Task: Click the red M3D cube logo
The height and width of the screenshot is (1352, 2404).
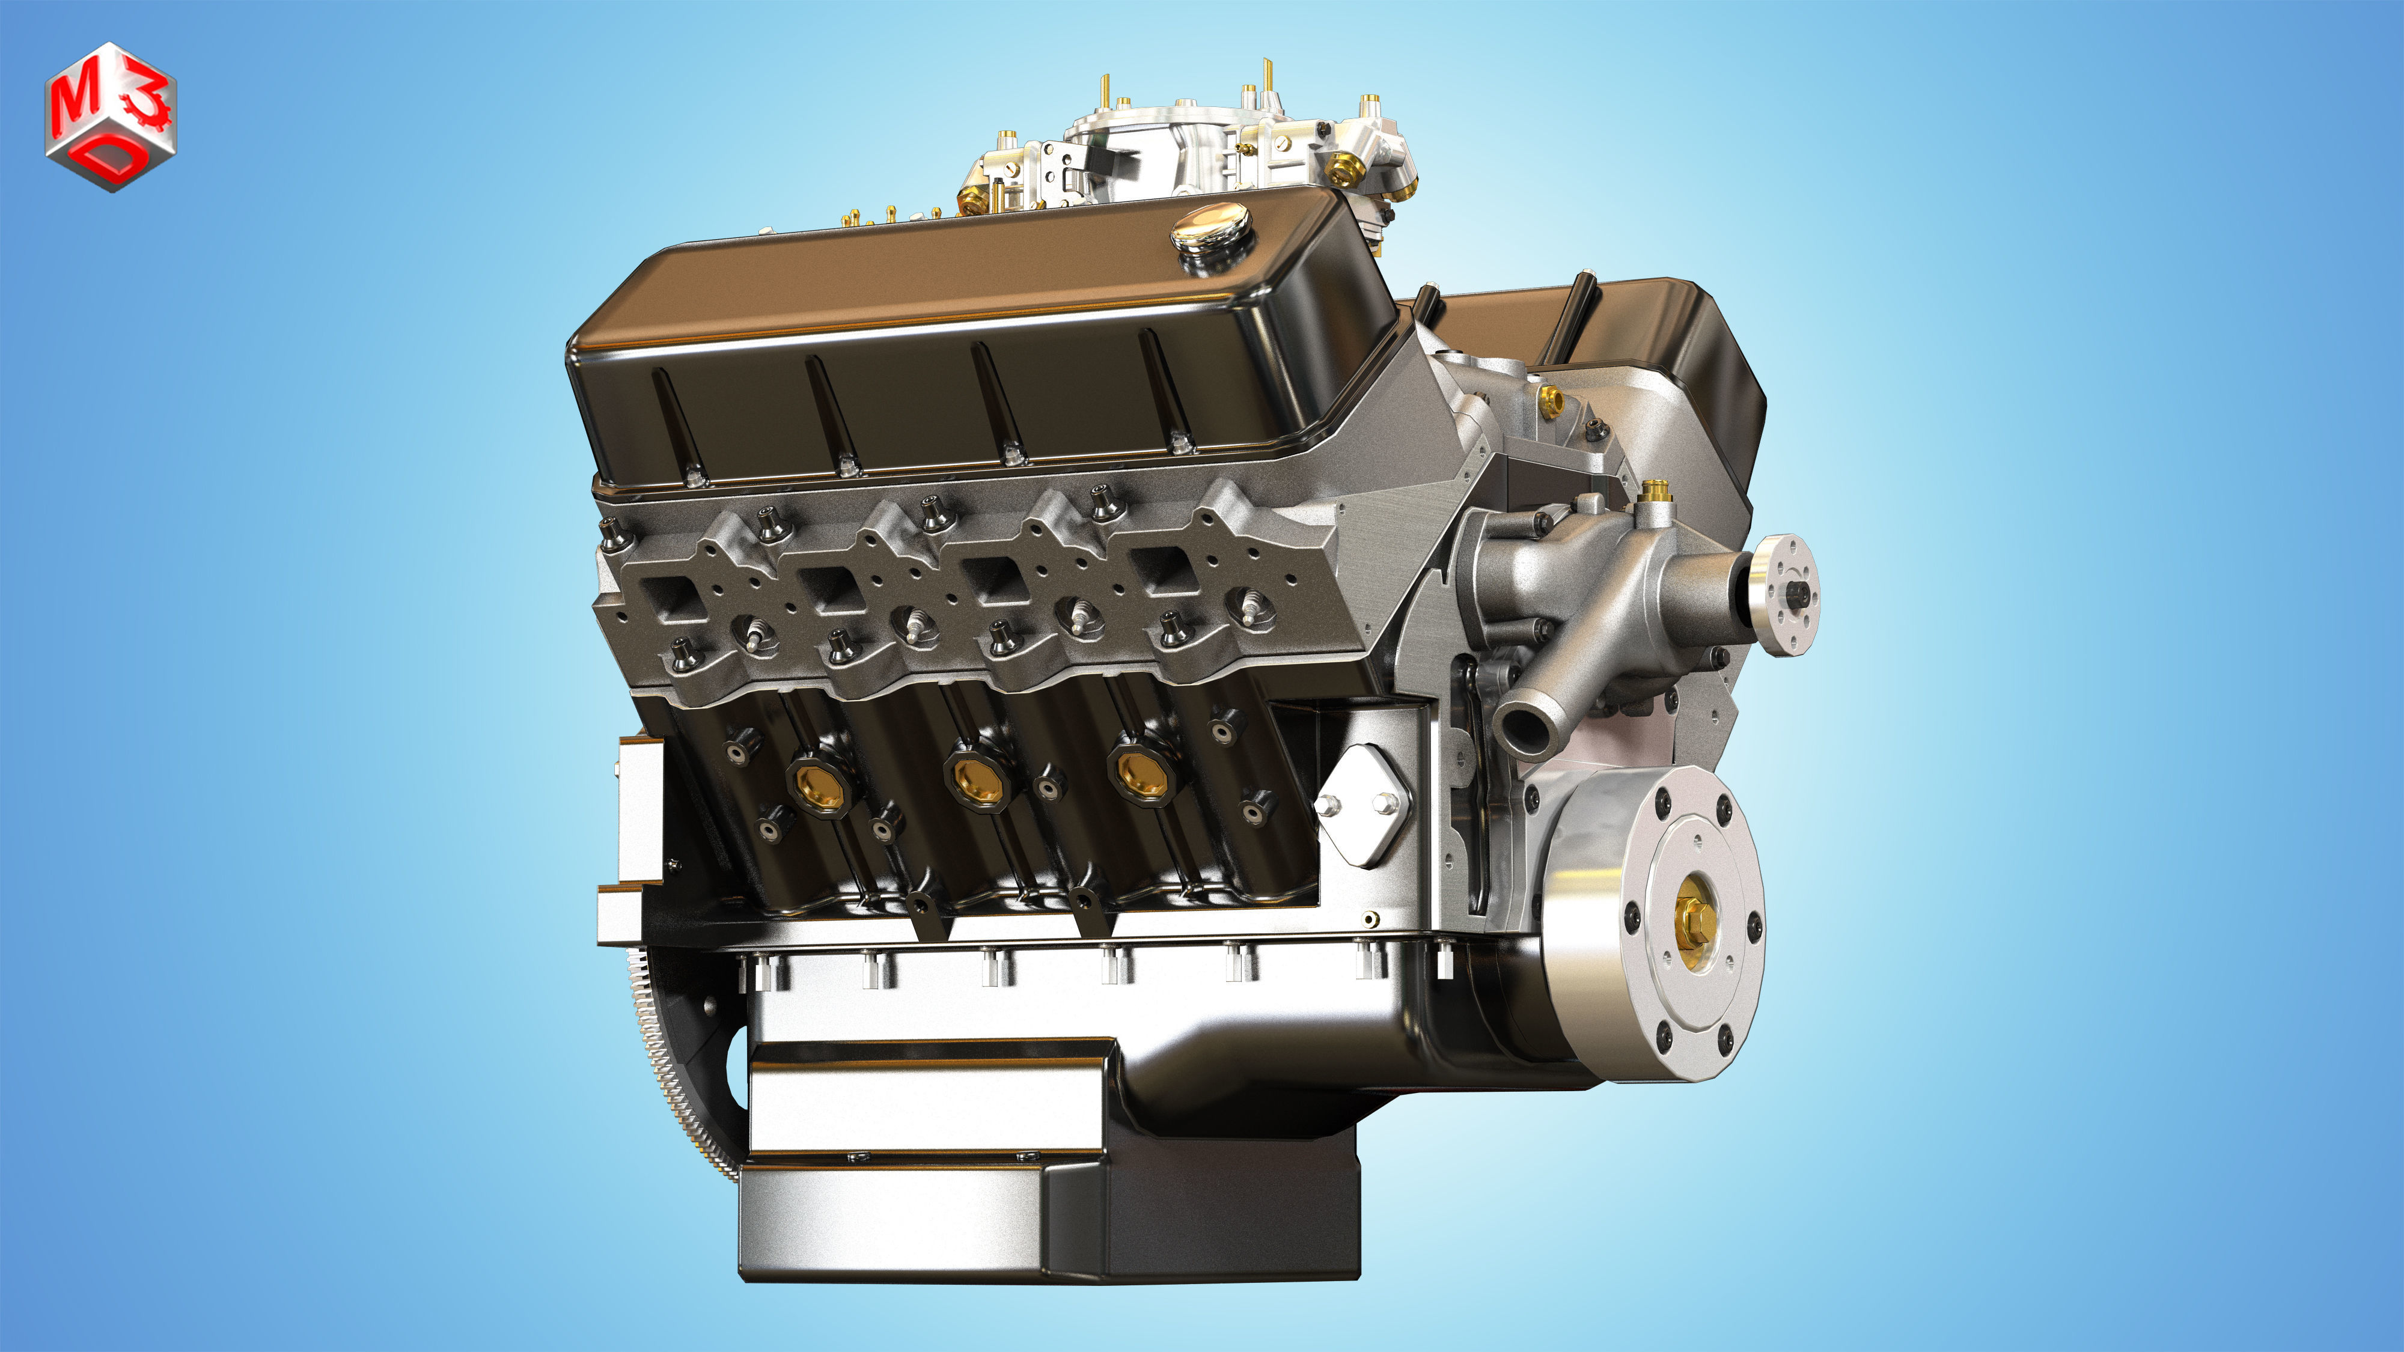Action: coord(110,117)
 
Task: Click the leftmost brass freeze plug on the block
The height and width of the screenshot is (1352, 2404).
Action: coord(819,783)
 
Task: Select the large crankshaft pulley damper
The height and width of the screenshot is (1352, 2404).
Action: coord(1652,924)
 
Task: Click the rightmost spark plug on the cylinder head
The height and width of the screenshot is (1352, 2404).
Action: coord(1251,606)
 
